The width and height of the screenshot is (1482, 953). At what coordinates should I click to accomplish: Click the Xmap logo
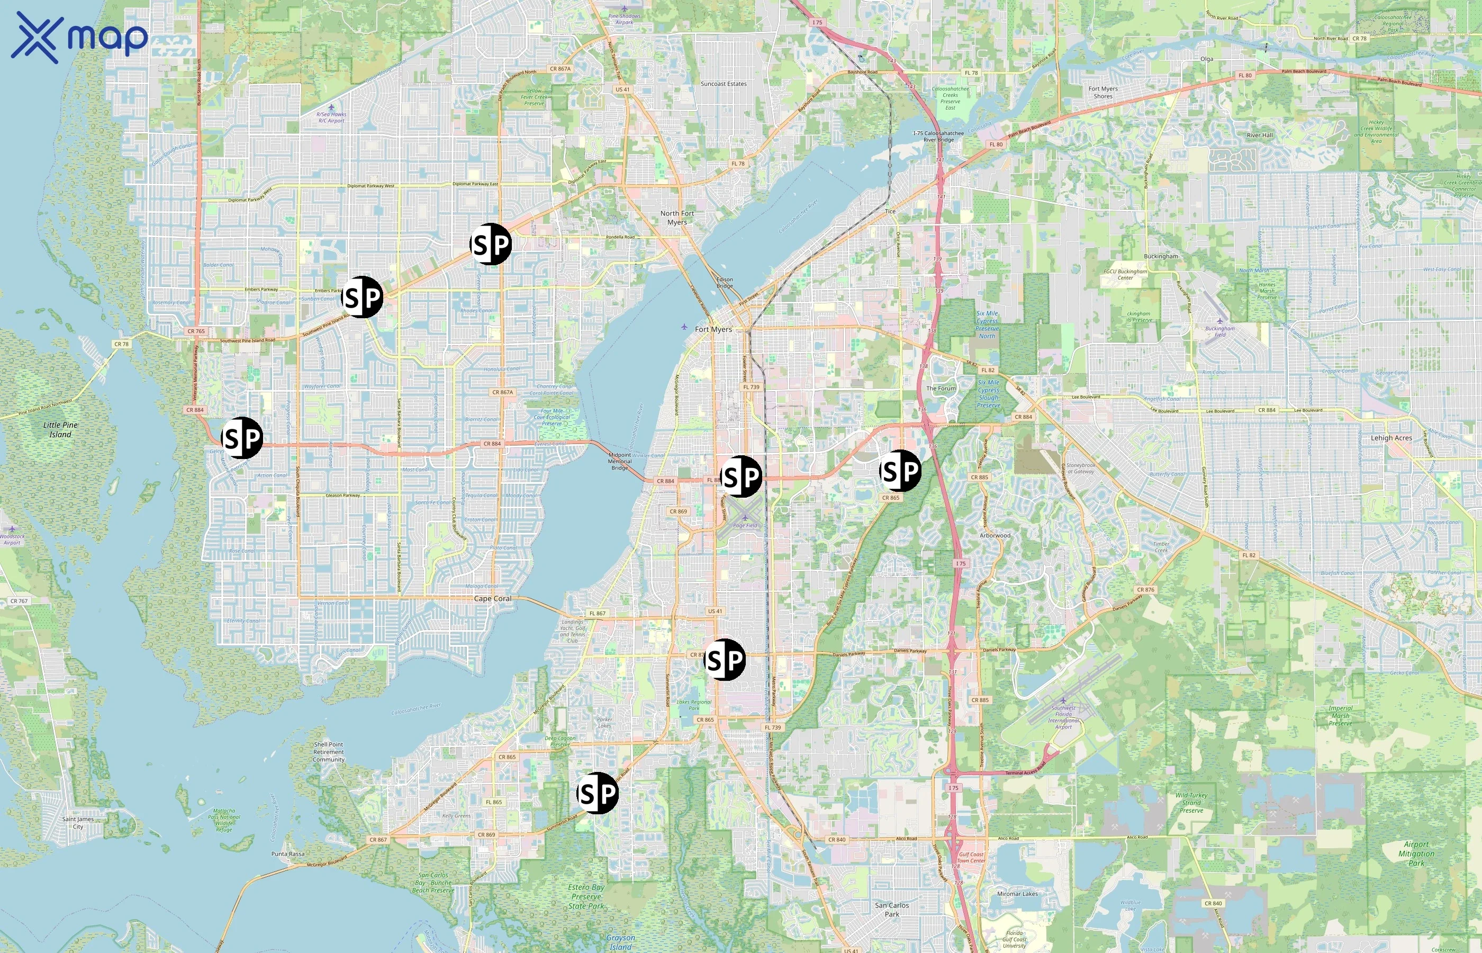79,38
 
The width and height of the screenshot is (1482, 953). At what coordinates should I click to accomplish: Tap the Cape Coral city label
492,598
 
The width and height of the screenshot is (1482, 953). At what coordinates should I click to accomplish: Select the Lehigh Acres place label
1391,437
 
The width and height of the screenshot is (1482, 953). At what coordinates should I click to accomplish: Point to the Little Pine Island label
61,429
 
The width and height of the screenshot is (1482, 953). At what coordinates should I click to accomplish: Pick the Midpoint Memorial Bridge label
619,461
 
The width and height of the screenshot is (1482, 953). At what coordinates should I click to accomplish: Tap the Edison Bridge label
724,282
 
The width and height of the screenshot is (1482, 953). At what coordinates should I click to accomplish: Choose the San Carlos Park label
891,909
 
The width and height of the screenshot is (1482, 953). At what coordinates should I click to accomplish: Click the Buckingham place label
1160,256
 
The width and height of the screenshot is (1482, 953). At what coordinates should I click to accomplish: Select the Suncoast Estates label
723,84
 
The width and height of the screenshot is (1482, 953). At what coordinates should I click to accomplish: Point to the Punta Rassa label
287,854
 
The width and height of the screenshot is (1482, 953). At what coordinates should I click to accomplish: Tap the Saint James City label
78,822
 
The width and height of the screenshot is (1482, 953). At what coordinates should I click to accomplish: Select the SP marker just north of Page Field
741,477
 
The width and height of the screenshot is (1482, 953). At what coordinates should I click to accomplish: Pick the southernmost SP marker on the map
598,793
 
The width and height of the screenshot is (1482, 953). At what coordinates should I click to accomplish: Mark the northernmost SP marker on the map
491,245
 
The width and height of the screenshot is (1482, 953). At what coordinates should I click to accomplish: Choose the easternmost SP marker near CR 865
900,471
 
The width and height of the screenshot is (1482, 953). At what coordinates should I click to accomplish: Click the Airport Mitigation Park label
1416,853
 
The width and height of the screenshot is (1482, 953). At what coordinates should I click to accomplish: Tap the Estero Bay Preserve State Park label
586,896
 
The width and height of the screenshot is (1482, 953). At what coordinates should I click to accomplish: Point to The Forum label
941,388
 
